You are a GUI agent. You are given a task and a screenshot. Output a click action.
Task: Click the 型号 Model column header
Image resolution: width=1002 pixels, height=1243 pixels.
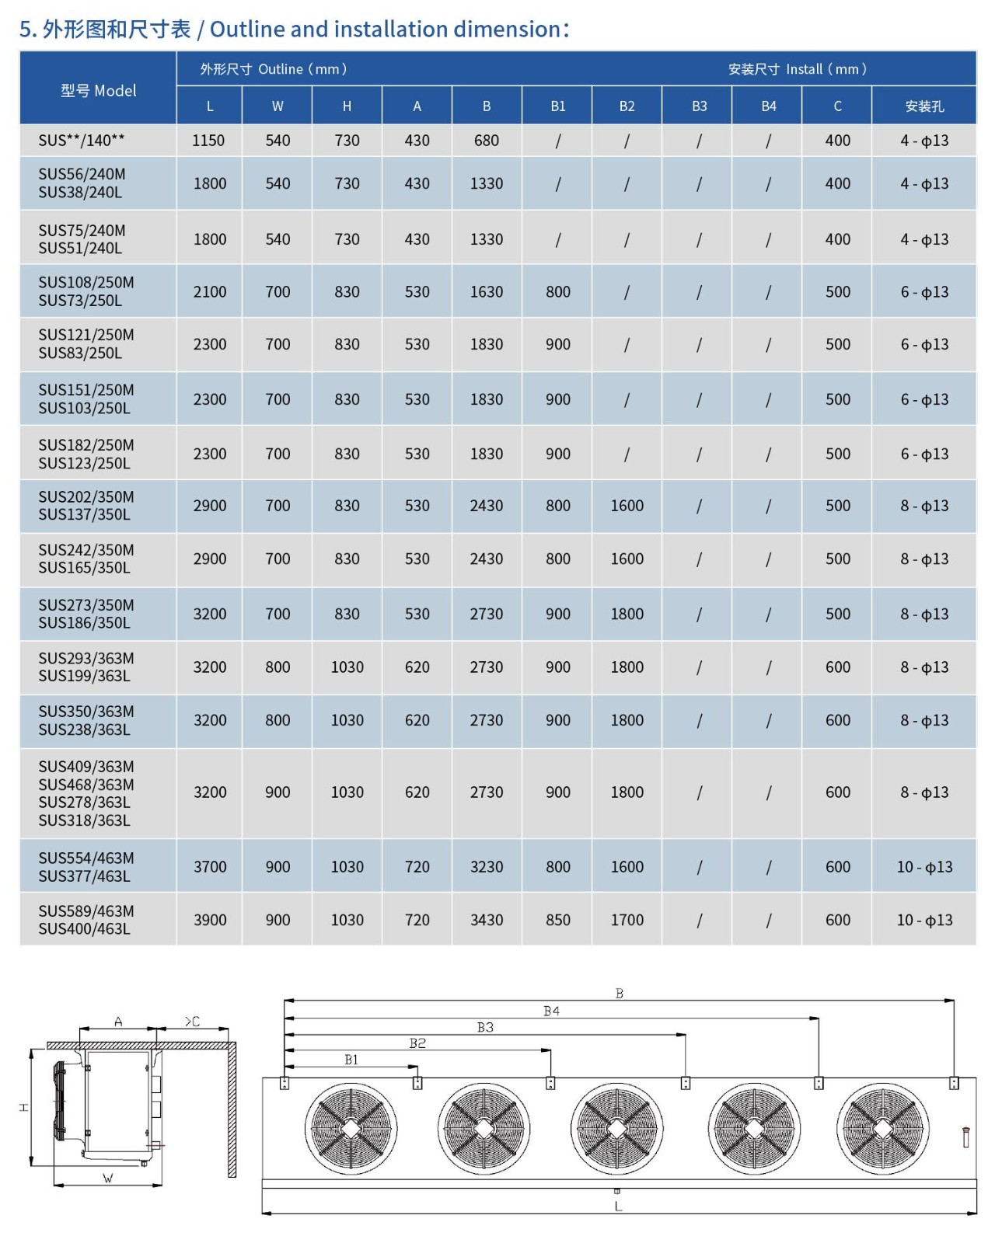click(x=98, y=90)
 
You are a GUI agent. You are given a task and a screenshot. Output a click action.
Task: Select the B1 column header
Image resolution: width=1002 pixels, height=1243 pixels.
click(x=557, y=106)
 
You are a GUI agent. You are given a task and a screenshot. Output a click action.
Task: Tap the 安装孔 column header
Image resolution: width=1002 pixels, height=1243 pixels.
click(x=923, y=106)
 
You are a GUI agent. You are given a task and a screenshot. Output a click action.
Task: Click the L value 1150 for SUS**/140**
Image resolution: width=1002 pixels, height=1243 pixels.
click(x=208, y=141)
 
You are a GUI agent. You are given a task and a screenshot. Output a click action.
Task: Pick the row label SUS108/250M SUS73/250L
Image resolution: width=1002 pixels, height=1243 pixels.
click(x=86, y=291)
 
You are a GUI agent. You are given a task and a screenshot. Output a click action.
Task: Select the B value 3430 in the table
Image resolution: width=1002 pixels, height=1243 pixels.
click(x=487, y=920)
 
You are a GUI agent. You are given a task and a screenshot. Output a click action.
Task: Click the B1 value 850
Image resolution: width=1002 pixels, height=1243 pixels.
click(x=557, y=920)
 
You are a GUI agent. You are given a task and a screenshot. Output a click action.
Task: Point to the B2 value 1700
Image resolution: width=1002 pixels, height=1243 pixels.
click(x=627, y=920)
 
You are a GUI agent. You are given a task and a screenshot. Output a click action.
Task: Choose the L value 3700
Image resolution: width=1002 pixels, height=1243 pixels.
click(x=210, y=867)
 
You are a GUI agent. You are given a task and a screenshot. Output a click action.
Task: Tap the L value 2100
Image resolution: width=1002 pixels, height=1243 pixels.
click(x=210, y=292)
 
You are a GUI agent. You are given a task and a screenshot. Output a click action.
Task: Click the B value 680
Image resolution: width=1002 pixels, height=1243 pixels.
click(x=487, y=141)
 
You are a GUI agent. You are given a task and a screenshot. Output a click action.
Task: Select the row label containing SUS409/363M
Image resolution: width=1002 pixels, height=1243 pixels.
click(x=86, y=793)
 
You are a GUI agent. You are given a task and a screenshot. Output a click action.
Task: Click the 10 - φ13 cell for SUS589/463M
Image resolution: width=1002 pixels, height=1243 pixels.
click(x=923, y=920)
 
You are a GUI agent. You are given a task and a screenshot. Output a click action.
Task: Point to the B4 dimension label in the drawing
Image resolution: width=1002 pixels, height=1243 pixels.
click(x=551, y=1011)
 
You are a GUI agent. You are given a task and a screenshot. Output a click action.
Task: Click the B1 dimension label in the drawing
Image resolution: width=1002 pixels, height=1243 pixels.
click(x=351, y=1060)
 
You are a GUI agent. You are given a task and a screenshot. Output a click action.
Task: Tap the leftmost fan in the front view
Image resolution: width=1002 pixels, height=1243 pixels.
click(x=351, y=1128)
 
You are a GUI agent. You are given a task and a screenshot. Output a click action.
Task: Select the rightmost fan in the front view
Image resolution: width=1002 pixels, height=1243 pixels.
click(x=883, y=1128)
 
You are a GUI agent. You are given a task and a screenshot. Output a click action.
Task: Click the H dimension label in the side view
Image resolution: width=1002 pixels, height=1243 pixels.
click(x=24, y=1107)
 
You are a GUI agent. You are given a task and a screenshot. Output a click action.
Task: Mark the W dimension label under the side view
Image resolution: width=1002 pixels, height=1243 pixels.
click(x=108, y=1179)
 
